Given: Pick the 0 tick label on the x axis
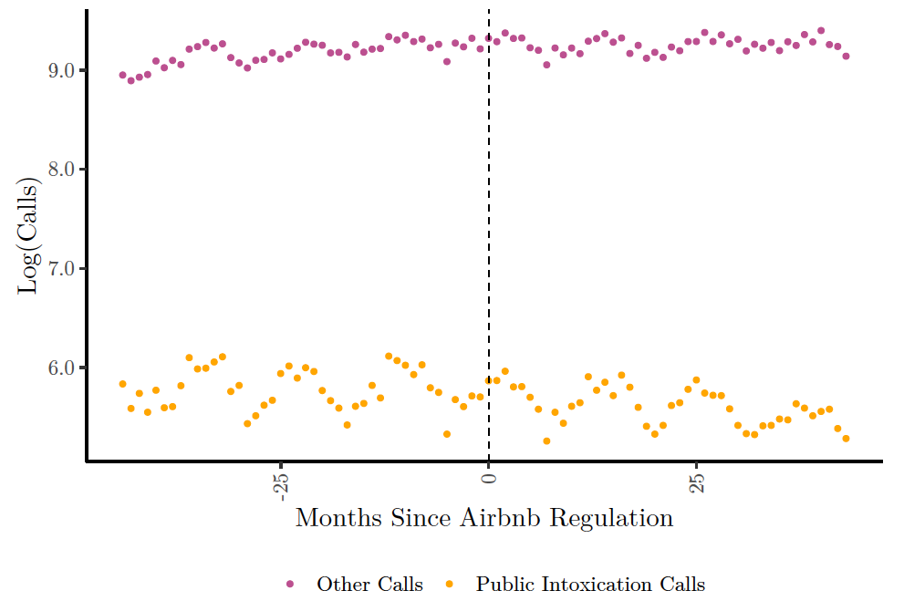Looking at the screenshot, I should point(489,477).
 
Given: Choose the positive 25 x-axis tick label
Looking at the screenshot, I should point(697,484).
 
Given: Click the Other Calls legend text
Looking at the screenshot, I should point(369,584).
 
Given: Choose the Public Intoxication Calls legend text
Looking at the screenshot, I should point(590,584).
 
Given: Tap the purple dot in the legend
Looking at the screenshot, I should point(291,584).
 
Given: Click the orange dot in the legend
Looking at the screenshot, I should point(450,584).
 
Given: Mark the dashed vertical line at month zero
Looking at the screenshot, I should point(489,228).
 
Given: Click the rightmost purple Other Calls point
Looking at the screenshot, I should point(846,57).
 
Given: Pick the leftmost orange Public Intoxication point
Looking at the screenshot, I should point(122,384).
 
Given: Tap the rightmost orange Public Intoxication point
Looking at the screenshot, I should point(846,439).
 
